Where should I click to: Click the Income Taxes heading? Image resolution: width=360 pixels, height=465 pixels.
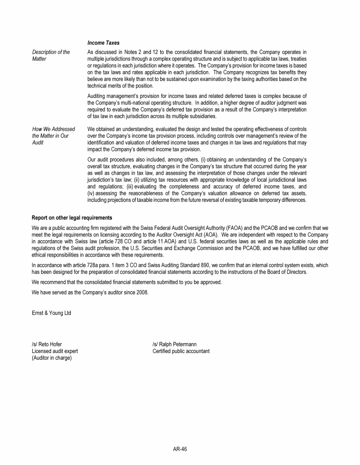pos(103,43)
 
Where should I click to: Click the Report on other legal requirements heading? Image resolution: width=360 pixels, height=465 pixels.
pos(72,218)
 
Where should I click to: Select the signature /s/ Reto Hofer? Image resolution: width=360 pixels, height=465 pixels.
pos(46,345)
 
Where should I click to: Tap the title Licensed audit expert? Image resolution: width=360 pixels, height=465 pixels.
pos(55,351)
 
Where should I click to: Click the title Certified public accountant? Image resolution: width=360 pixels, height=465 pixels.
pos(181,351)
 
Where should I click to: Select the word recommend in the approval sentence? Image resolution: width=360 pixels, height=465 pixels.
pos(52,282)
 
